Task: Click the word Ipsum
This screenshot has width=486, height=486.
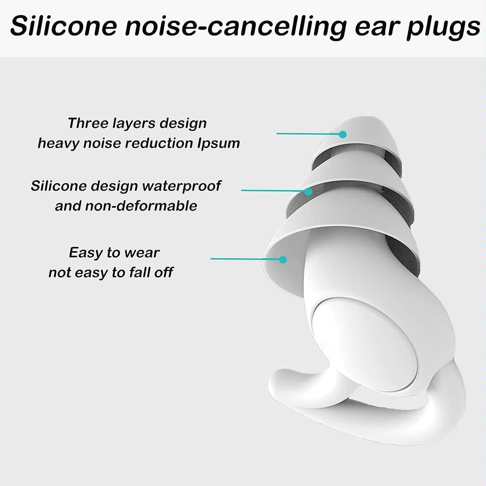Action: point(221,144)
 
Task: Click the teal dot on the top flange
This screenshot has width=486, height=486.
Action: point(343,134)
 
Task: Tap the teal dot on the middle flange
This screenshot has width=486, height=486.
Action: point(308,191)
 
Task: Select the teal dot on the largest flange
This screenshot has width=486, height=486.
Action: point(282,260)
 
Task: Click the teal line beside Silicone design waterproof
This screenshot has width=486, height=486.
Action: point(272,191)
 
